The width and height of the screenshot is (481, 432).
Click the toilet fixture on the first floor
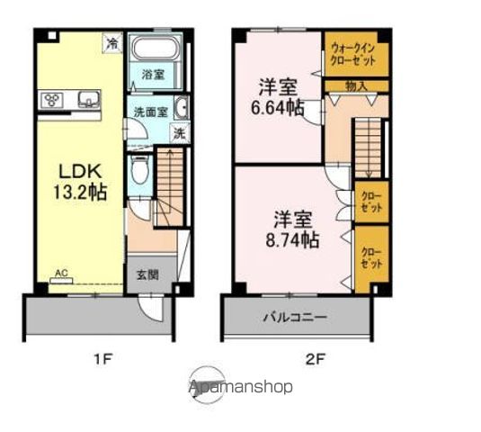[x=138, y=168]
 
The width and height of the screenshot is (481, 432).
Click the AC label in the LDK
[x=61, y=271]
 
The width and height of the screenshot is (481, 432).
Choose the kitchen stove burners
[x=51, y=99]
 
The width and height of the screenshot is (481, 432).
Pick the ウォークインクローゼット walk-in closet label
[x=356, y=54]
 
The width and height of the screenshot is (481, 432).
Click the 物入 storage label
[x=356, y=86]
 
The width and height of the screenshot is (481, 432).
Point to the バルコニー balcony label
[x=295, y=317]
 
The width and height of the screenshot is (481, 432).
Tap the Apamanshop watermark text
[x=240, y=387]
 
